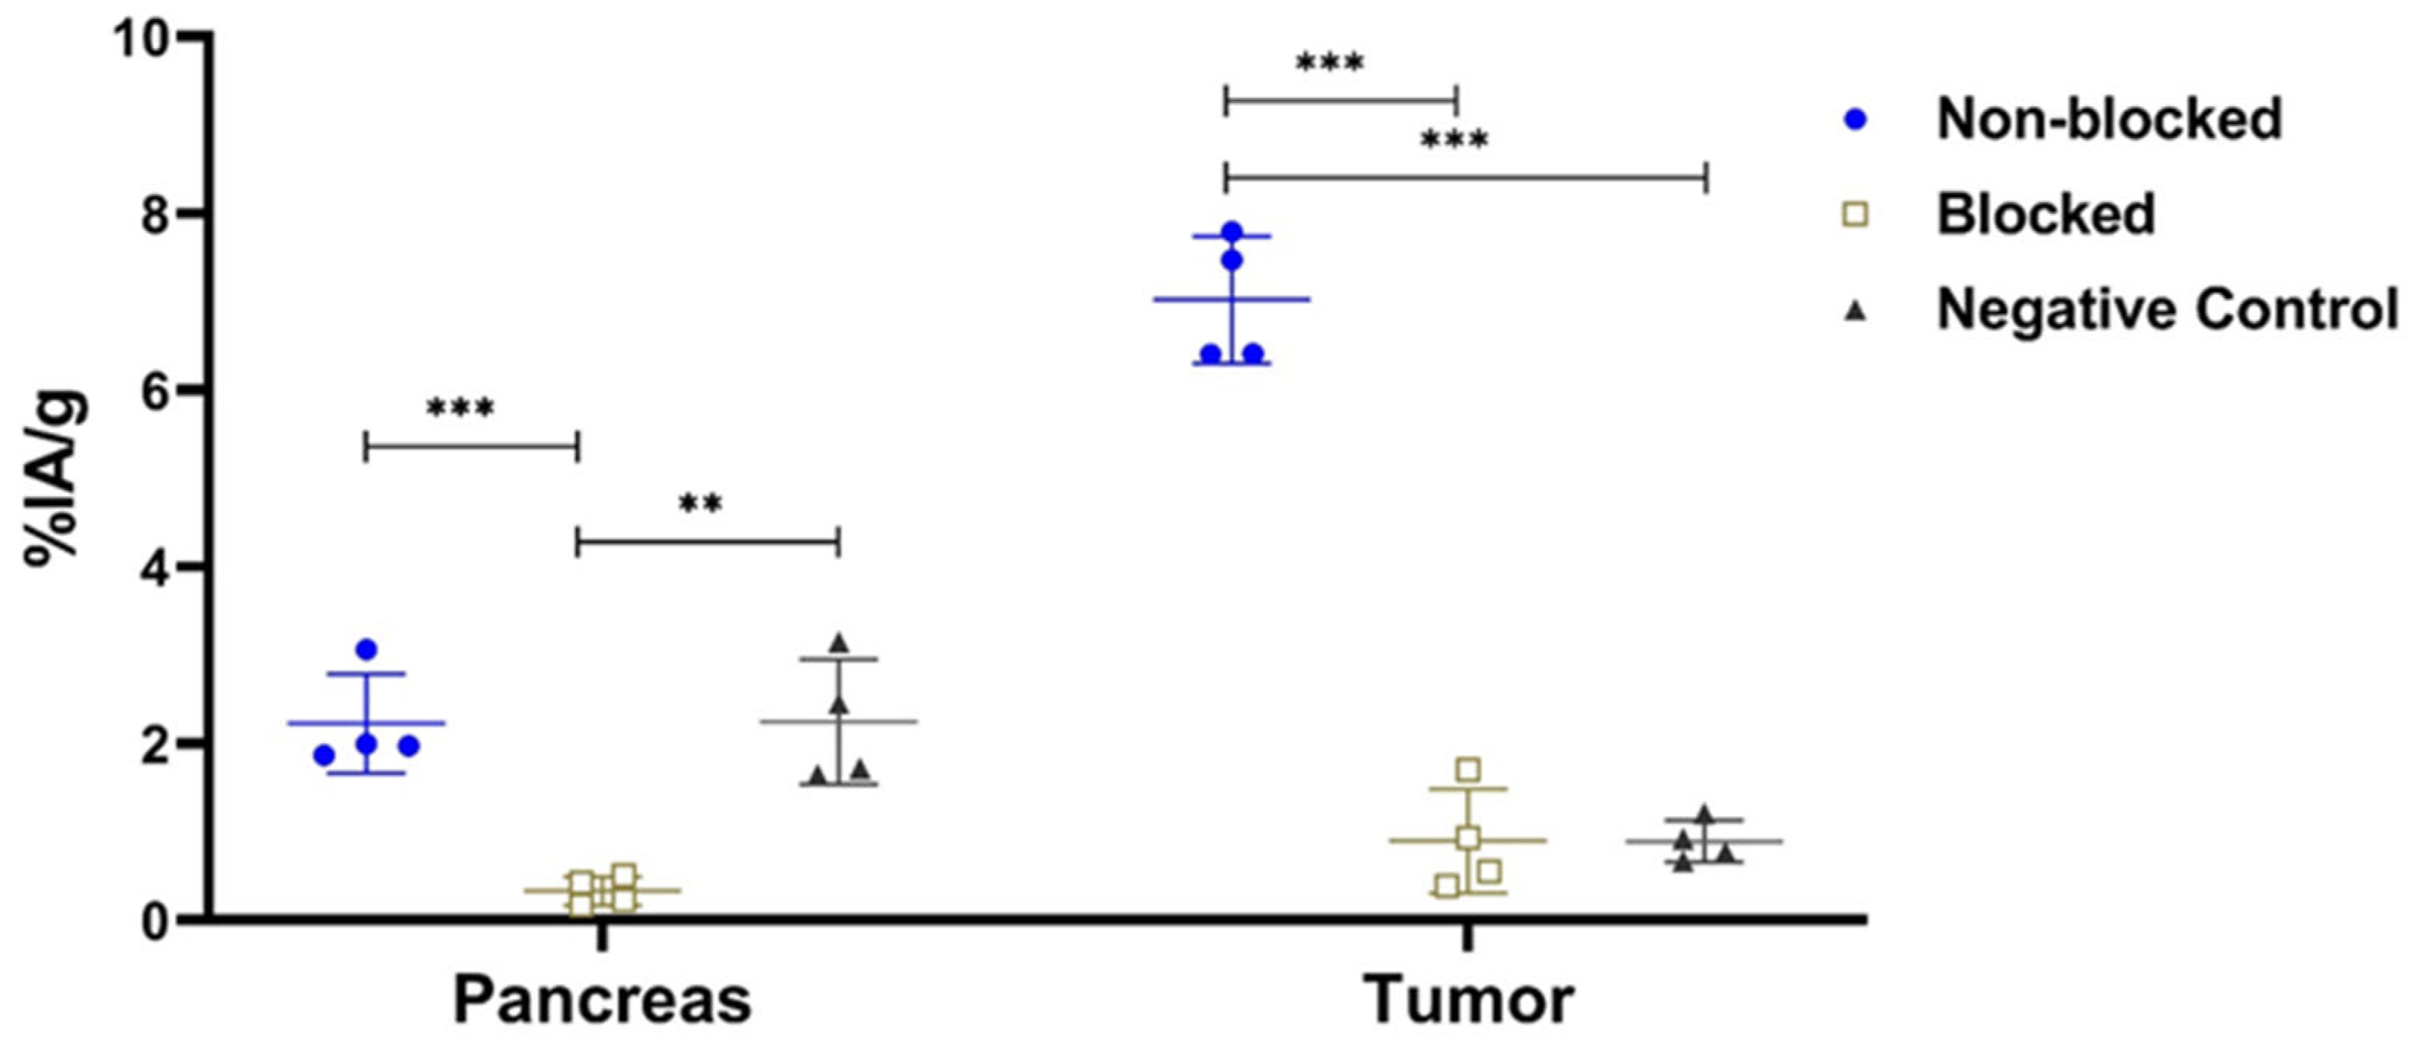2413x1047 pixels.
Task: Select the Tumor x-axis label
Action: point(1468,1001)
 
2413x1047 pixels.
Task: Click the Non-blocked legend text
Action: point(2108,120)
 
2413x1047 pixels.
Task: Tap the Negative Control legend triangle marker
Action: point(1854,312)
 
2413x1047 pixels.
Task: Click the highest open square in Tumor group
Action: point(1468,770)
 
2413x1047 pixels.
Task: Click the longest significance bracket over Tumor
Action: point(1466,176)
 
